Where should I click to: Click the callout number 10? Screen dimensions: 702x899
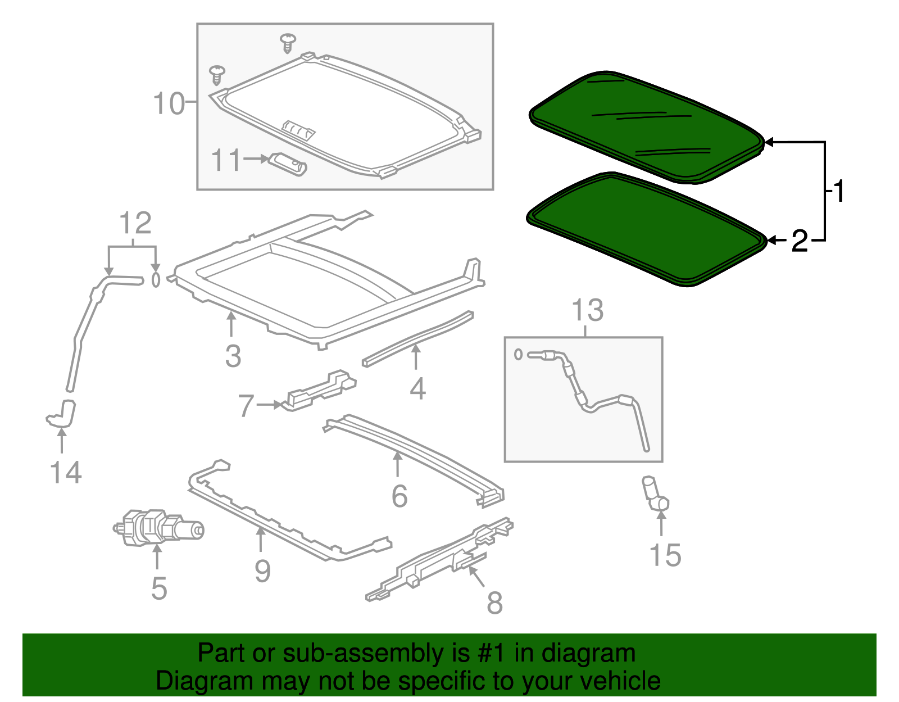pos(169,104)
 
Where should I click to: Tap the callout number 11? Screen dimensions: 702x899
pos(226,160)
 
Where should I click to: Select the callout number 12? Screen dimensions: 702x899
pos(135,223)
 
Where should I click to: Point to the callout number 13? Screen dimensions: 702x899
pos(587,310)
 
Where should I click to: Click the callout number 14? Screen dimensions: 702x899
pos(66,472)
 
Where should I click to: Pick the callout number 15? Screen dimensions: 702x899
pos(665,555)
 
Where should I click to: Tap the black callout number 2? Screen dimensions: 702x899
pos(800,241)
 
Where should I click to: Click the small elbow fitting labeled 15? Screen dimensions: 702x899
pos(655,495)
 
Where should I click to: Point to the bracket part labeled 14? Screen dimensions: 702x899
pos(62,414)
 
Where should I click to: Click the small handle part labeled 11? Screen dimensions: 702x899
pos(288,164)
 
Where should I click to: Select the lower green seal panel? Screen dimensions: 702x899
pos(646,230)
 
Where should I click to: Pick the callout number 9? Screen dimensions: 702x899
pos(262,571)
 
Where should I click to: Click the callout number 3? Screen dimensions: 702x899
pos(233,356)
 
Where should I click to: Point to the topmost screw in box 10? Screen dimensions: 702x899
pos(288,42)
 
